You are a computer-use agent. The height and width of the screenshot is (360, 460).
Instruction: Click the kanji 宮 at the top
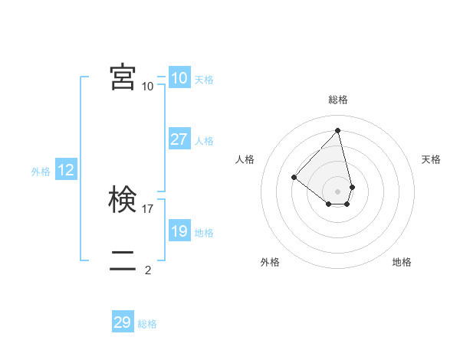[123, 77]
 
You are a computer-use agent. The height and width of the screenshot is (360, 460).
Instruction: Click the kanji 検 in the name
[123, 200]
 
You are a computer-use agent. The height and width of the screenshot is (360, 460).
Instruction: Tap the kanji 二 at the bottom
[123, 261]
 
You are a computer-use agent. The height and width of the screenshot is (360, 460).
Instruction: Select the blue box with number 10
[179, 78]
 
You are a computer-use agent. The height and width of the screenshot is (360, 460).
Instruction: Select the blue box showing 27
[179, 139]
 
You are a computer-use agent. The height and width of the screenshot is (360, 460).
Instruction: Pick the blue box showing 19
[179, 231]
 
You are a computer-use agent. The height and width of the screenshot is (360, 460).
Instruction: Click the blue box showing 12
[66, 170]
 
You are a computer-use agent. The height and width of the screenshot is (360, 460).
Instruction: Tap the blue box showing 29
[123, 322]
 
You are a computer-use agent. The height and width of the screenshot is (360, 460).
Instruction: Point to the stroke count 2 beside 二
[148, 270]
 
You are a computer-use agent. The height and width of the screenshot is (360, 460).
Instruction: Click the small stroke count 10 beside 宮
[148, 86]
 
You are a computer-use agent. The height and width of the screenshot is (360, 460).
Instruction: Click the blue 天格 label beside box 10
[204, 80]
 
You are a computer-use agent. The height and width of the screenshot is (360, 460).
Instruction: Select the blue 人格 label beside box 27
[204, 141]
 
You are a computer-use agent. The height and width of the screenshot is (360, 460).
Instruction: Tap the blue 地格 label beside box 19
[204, 233]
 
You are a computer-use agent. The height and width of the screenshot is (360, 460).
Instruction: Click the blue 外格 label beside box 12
[41, 172]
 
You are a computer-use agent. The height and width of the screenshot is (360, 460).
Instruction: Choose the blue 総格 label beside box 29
[147, 324]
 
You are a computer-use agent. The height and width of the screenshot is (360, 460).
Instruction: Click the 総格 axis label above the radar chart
[338, 100]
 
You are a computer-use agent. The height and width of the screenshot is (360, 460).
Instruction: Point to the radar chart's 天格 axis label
[431, 159]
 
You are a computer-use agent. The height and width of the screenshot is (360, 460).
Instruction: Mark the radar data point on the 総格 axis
[338, 130]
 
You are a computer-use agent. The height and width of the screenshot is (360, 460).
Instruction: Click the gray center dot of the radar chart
[338, 191]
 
